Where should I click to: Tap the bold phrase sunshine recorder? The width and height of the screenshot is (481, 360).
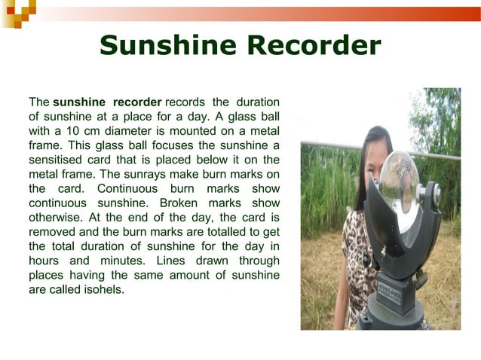tap(107, 102)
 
